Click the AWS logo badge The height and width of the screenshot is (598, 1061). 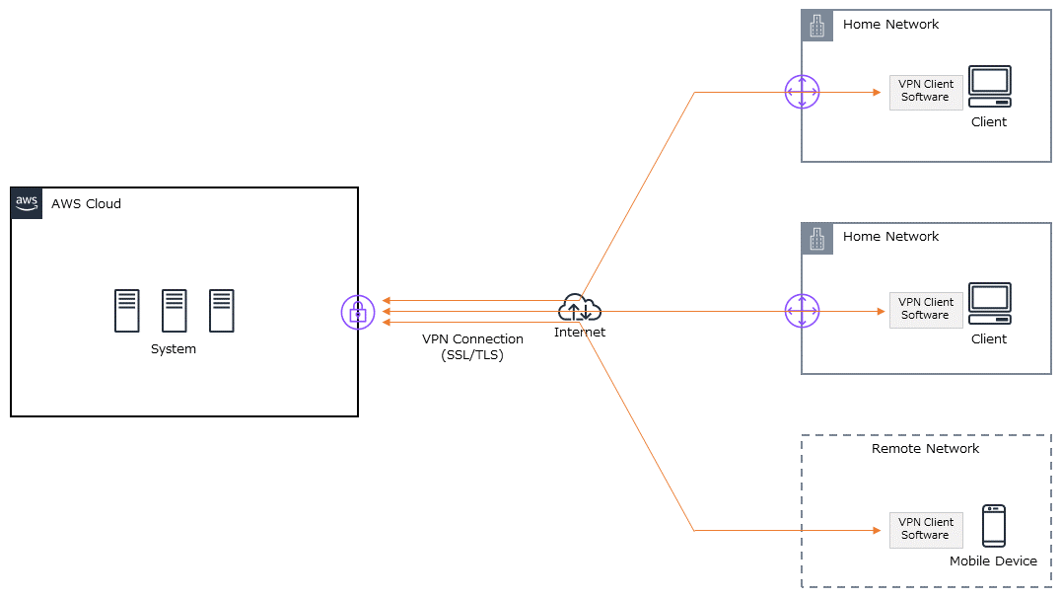[27, 203]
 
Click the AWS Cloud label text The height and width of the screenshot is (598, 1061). [86, 204]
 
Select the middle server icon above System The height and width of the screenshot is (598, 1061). [174, 311]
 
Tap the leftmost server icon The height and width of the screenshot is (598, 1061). [126, 311]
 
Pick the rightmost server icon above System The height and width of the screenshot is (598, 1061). [221, 311]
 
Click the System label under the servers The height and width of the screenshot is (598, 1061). [174, 349]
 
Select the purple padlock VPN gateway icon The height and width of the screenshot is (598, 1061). [358, 312]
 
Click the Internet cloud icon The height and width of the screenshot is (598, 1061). [579, 309]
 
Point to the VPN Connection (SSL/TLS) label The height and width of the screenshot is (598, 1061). [472, 347]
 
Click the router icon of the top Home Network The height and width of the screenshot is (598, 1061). [802, 93]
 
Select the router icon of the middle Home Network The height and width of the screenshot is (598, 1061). [802, 311]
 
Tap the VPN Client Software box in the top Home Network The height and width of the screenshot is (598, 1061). [926, 92]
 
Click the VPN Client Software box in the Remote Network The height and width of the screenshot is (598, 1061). [926, 530]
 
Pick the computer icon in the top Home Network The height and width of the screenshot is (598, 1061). [989, 87]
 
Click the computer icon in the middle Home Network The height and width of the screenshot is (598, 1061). [989, 304]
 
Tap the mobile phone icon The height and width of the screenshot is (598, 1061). [993, 526]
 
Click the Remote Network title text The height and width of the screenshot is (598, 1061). [925, 449]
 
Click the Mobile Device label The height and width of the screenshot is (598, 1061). [993, 561]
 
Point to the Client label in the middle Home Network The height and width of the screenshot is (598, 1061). [989, 339]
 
